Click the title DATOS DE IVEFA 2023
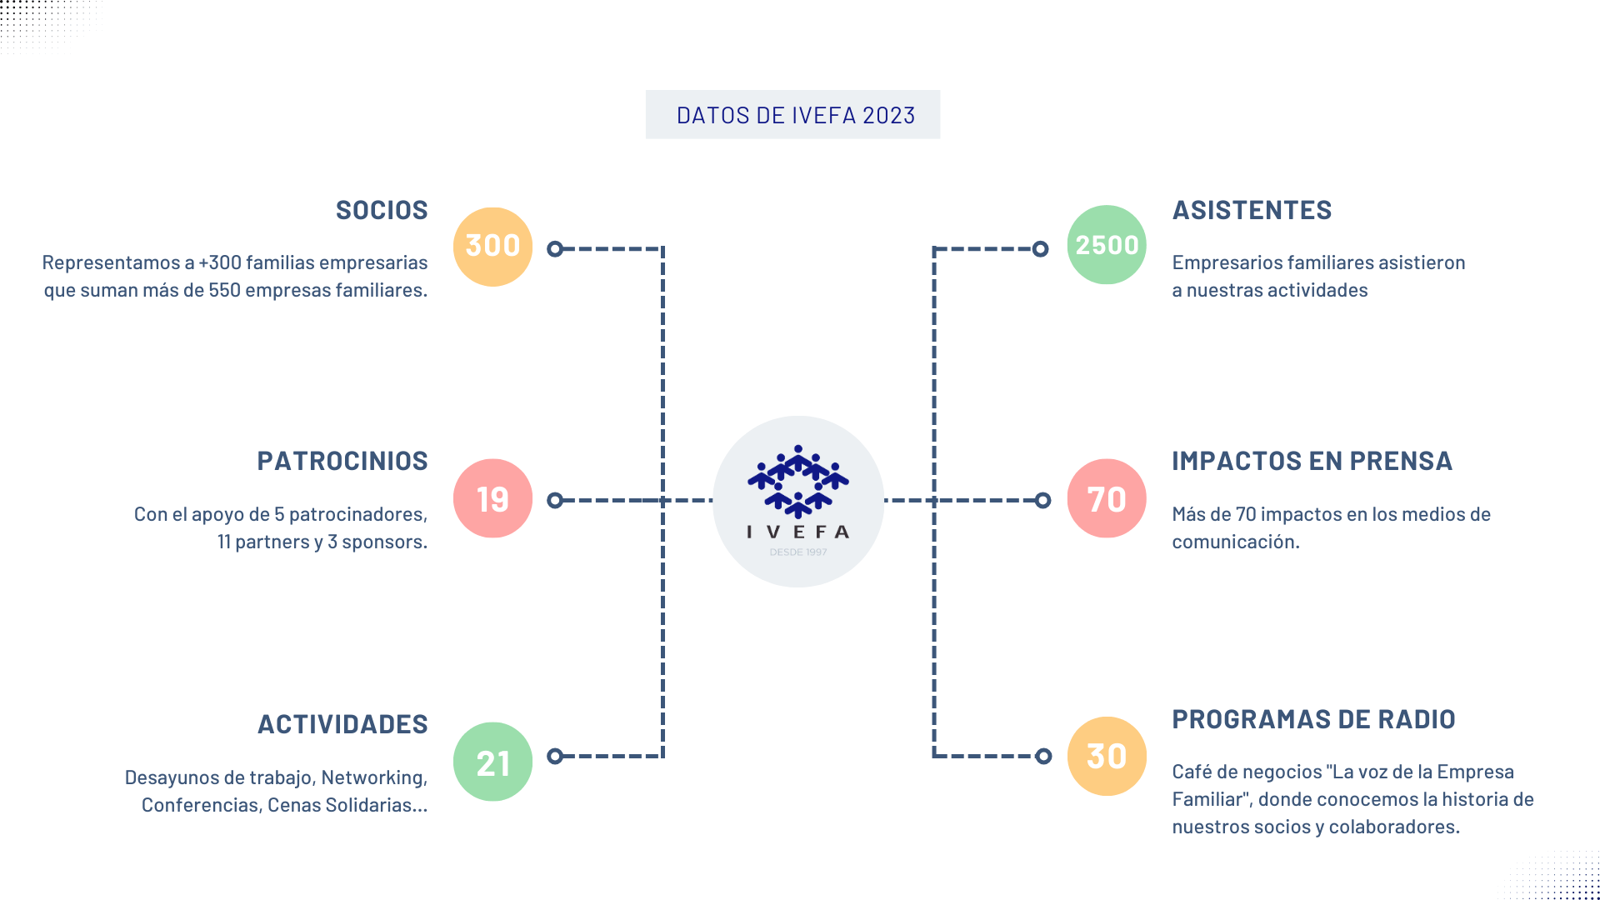[x=796, y=115]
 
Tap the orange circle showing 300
[x=492, y=247]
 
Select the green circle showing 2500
[x=1107, y=245]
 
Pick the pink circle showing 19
[x=492, y=498]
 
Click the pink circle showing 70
[x=1107, y=498]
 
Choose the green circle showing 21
[x=492, y=762]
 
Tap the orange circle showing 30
[x=1107, y=756]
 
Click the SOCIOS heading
[x=382, y=210]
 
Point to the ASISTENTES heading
[x=1252, y=210]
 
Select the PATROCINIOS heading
[x=342, y=461]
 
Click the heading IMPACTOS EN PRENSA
[x=1312, y=461]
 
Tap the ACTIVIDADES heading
[x=342, y=724]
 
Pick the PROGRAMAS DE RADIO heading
[x=1313, y=719]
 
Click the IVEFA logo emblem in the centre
[x=798, y=482]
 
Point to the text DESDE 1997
[x=798, y=552]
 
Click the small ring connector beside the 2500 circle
[x=1040, y=248]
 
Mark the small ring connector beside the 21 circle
[x=555, y=756]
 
